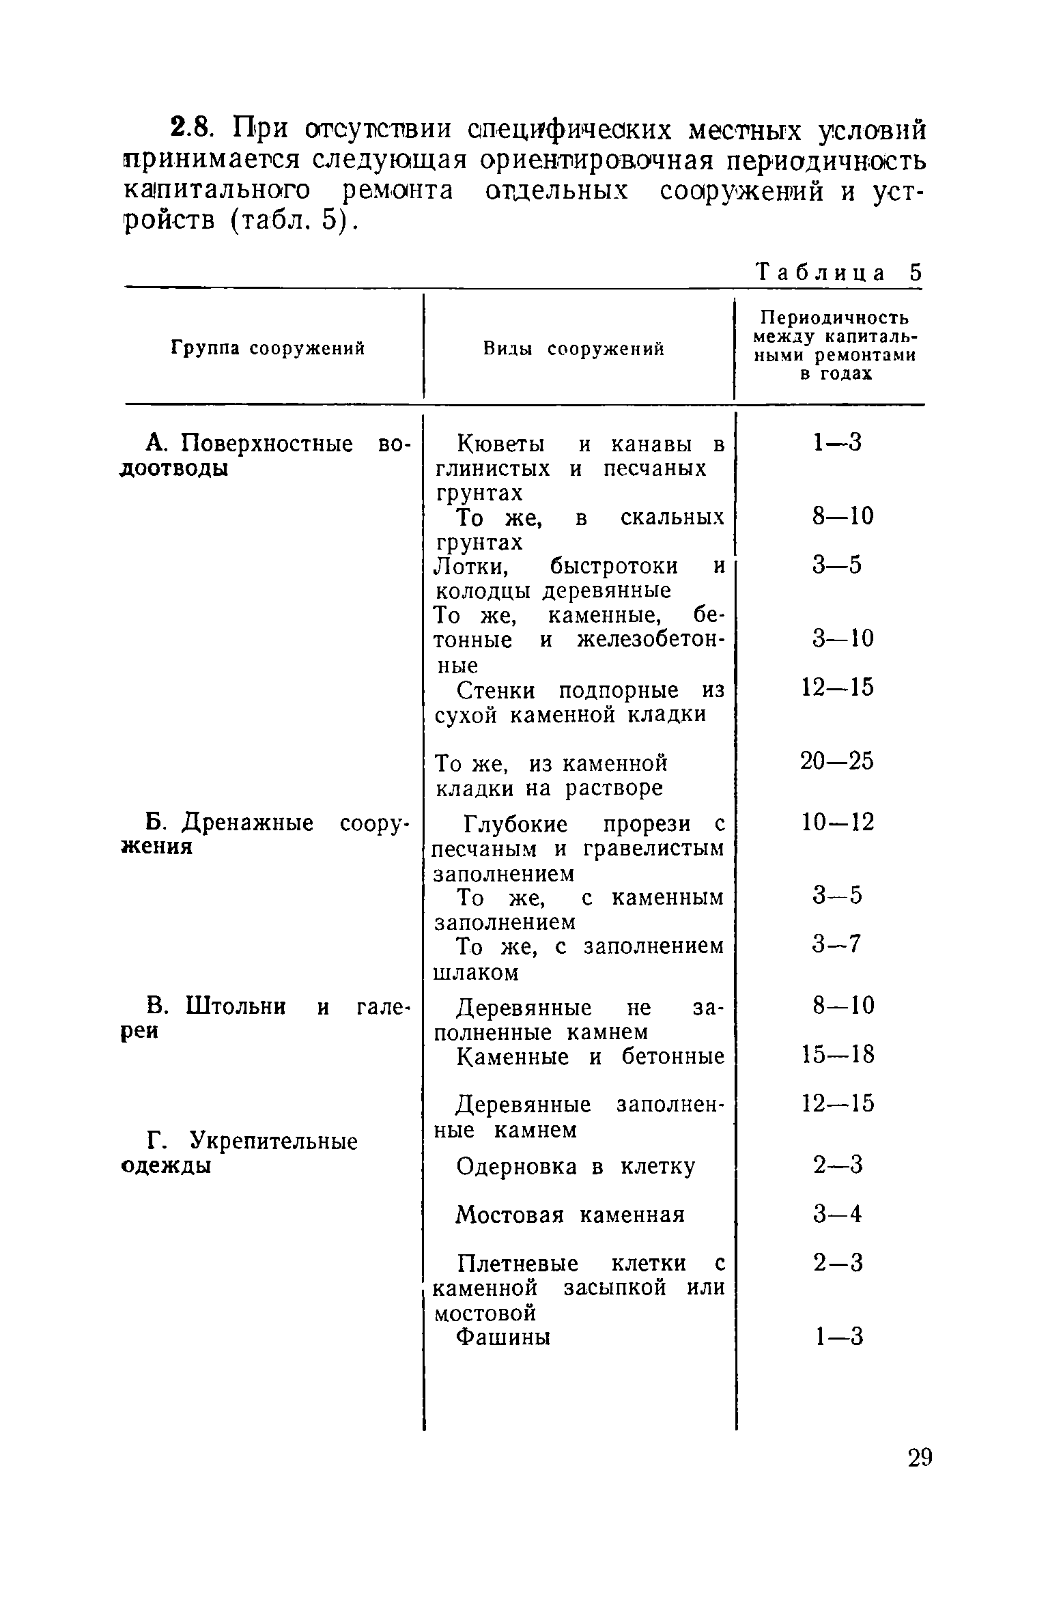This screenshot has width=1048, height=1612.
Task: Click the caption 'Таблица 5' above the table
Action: [x=839, y=272]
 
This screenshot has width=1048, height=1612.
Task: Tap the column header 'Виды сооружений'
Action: [x=573, y=349]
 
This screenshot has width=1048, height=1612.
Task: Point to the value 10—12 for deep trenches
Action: [x=836, y=822]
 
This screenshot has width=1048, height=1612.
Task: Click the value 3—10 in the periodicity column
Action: [x=842, y=639]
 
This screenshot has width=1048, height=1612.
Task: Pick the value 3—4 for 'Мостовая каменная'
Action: [x=837, y=1215]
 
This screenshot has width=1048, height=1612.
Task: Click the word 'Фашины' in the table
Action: [x=502, y=1337]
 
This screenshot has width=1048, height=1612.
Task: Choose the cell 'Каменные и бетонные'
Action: [x=589, y=1057]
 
